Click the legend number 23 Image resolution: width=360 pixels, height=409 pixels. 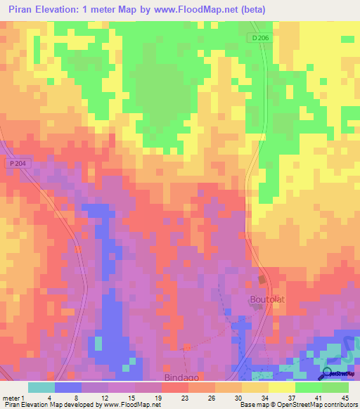coord(186,397)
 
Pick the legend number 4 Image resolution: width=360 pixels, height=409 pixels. coord(49,397)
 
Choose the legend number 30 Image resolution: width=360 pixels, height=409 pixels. coord(239,397)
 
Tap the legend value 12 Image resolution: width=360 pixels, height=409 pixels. coord(104,397)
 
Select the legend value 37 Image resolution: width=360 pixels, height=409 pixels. coord(292,397)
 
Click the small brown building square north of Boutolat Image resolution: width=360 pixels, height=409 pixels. coord(262,280)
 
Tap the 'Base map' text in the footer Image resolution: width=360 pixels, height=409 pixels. coord(251,405)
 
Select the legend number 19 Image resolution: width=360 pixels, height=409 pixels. coord(158,397)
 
